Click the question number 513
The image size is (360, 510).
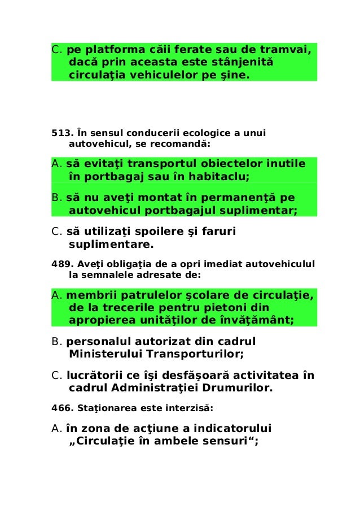pos(61,134)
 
